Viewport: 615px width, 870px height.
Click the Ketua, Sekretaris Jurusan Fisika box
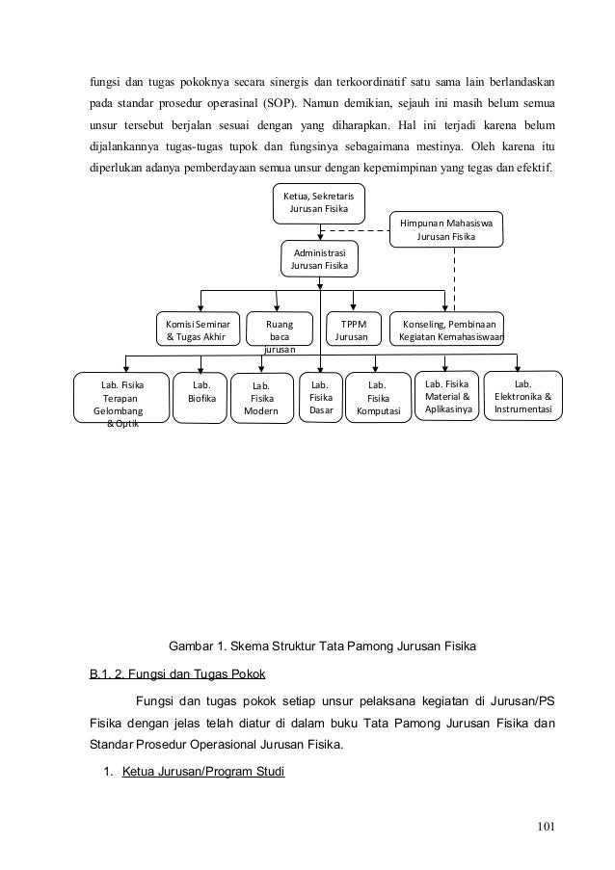tap(318, 202)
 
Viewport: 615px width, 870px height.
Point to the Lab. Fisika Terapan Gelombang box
tap(121, 397)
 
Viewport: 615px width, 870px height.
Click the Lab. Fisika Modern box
tap(260, 397)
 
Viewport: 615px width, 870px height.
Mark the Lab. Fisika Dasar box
tap(320, 397)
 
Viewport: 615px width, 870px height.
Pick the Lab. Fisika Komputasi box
tap(378, 397)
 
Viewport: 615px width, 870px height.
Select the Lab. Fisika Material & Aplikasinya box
tap(446, 396)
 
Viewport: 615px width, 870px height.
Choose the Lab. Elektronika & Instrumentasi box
tap(522, 396)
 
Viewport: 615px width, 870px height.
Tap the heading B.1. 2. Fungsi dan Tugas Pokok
tap(178, 672)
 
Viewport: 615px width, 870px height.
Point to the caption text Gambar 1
tap(201, 644)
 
